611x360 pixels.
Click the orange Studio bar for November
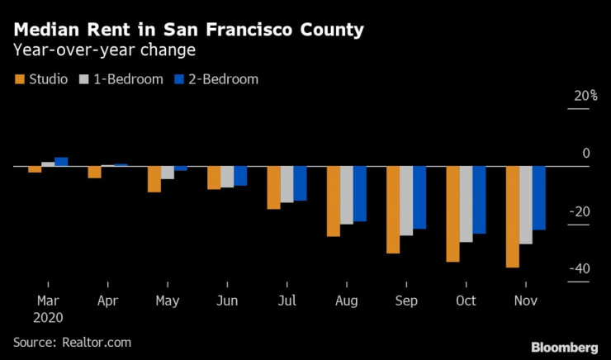click(x=513, y=216)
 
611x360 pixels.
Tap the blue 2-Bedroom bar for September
click(x=419, y=197)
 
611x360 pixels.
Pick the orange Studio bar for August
click(x=333, y=201)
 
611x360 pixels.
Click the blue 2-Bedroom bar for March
click(x=61, y=162)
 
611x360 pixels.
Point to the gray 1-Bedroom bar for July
click(x=287, y=184)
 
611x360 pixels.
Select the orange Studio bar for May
click(x=154, y=179)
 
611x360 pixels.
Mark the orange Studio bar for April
click(x=94, y=172)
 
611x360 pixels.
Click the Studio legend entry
click(x=43, y=79)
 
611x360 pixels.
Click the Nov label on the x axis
click(x=525, y=300)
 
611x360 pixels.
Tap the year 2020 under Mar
click(x=48, y=316)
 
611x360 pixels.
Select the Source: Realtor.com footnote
click(x=72, y=341)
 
